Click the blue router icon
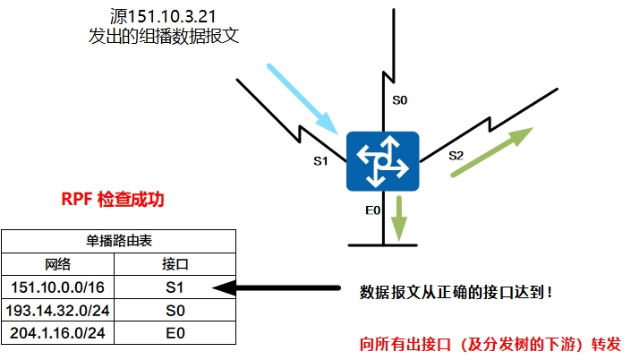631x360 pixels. (383, 160)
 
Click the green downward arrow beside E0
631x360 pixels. (399, 219)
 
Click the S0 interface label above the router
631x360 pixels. (400, 101)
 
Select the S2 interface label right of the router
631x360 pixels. (456, 155)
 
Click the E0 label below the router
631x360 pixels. (373, 210)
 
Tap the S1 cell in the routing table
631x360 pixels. (175, 287)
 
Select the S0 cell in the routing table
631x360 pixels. (175, 310)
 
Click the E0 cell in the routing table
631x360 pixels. (175, 333)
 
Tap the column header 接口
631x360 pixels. (175, 265)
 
